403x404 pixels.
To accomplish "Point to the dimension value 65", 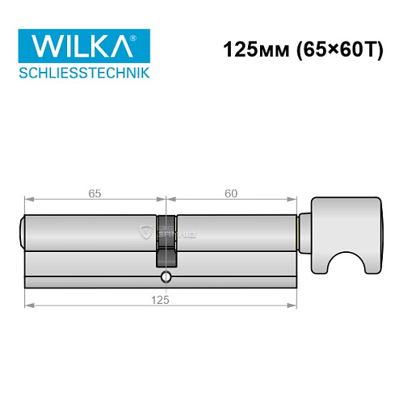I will click(94, 193).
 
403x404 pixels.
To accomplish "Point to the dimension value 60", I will click(231, 193).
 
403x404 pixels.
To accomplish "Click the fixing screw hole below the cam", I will click(166, 277).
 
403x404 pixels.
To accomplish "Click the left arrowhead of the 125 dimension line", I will click(29, 305).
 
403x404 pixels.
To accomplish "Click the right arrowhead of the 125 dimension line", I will click(294, 305).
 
